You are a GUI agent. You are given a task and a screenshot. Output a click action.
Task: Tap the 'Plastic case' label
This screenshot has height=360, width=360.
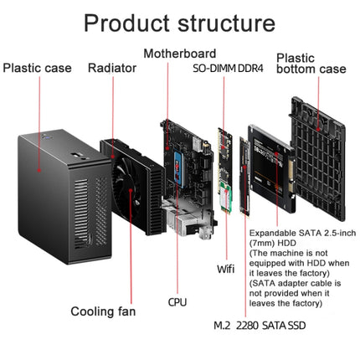pos(38,68)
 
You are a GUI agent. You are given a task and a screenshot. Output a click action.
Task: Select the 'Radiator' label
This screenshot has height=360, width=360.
pos(111,68)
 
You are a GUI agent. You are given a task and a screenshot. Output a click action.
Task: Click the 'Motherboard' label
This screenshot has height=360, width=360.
pos(179,54)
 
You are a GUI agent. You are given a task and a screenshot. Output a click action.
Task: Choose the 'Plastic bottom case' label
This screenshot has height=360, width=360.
pos(311,64)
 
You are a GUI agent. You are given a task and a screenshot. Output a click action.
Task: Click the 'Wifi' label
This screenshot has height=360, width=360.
pos(225,268)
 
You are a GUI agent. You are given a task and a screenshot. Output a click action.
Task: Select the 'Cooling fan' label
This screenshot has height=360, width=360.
pos(102,311)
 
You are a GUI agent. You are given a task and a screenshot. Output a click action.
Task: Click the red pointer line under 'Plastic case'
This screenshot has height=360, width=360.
pos(38,101)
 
